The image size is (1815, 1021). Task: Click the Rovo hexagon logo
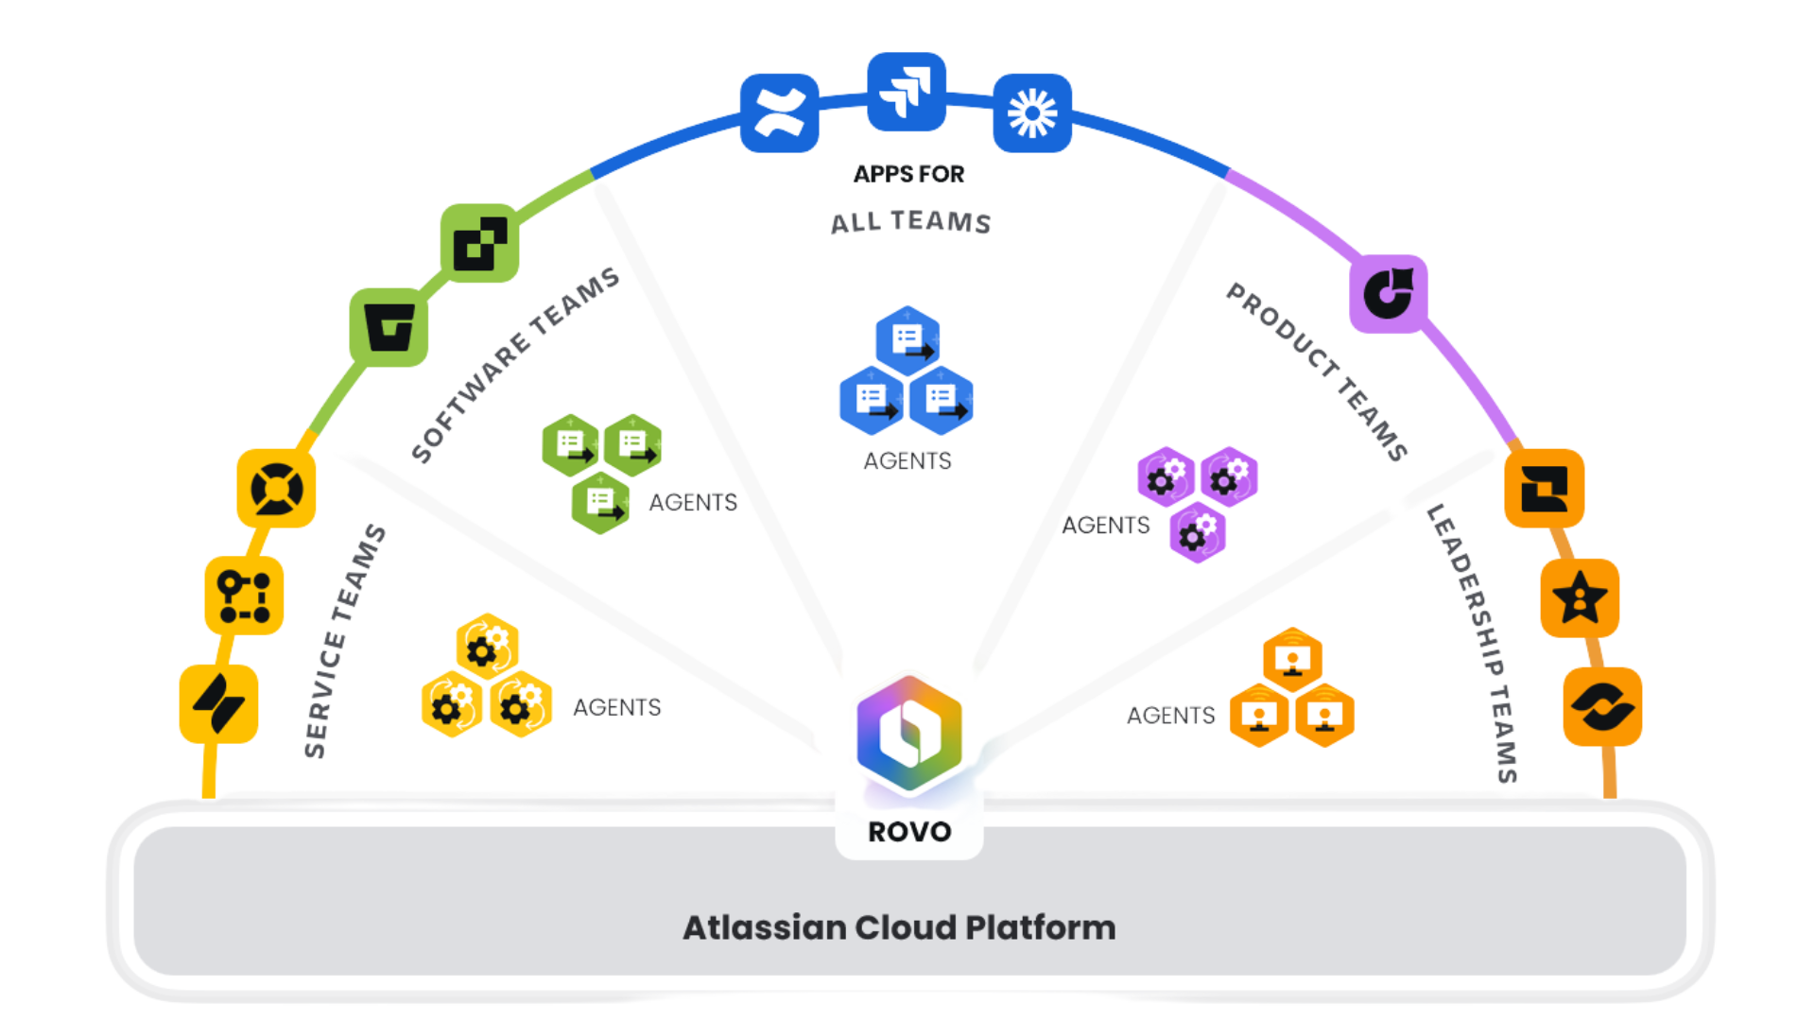point(909,733)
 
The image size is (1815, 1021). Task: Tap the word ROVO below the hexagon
point(909,832)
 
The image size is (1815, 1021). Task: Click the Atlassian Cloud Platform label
point(899,927)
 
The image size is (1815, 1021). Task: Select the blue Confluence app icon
point(779,113)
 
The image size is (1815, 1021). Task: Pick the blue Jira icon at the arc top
point(907,92)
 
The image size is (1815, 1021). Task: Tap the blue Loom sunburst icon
point(1032,113)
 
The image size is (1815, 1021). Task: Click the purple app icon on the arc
point(1388,294)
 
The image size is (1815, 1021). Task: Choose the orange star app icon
point(1580,598)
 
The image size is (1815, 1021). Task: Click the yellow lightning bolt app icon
point(218,704)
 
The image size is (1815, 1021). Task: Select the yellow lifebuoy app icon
point(276,489)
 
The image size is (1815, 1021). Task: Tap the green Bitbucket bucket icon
point(389,328)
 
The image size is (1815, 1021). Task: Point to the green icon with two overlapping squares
point(479,243)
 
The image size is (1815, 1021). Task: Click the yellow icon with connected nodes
point(244,596)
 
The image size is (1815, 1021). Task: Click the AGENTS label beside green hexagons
point(693,502)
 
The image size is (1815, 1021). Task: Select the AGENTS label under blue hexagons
point(907,460)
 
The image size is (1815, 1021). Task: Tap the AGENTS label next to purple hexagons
point(1106,525)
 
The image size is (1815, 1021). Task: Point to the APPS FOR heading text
point(908,174)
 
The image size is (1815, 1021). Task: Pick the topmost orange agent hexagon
point(1292,659)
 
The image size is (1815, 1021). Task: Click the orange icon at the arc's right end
point(1602,707)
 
